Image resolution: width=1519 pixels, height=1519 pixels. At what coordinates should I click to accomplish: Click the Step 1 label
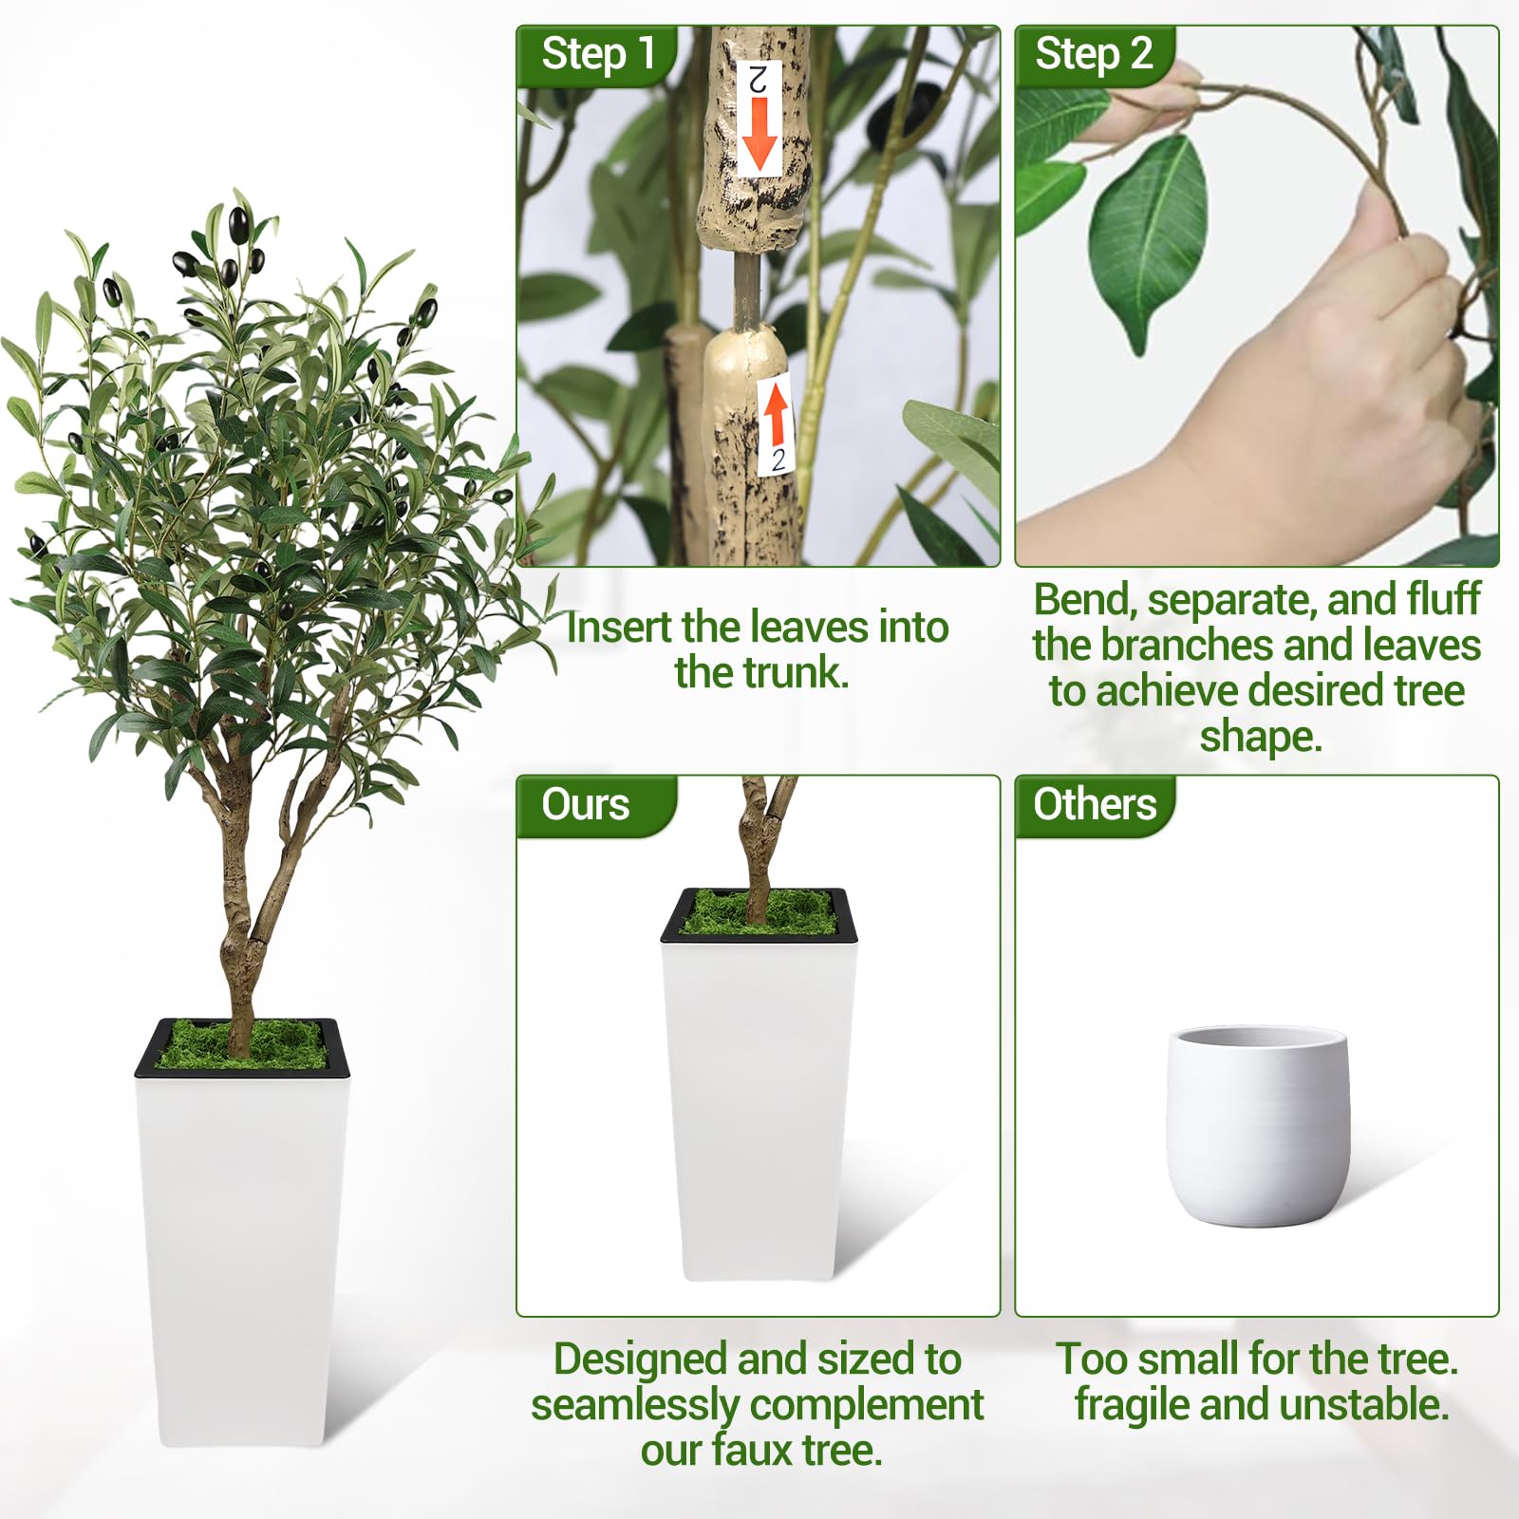click(x=598, y=53)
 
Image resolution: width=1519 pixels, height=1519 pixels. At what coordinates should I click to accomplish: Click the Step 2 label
click(x=1094, y=53)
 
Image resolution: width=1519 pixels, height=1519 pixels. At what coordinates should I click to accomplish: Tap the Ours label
click(x=585, y=804)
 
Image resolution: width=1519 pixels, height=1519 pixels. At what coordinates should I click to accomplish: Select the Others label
click(x=1095, y=804)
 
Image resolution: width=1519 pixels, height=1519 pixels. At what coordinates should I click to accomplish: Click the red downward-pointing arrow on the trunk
click(x=759, y=134)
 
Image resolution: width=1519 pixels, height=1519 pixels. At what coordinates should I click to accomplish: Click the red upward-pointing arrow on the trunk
click(x=777, y=416)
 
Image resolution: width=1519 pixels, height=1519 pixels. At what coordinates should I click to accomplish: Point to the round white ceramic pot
click(x=1257, y=1125)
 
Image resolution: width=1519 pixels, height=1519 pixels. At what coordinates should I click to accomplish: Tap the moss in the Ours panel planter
click(x=757, y=912)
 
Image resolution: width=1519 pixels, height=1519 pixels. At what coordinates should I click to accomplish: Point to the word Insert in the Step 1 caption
click(x=619, y=627)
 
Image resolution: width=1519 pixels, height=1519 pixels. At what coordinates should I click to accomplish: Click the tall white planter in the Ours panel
click(x=759, y=1085)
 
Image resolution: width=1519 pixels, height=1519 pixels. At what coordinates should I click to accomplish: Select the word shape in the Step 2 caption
click(x=1252, y=738)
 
